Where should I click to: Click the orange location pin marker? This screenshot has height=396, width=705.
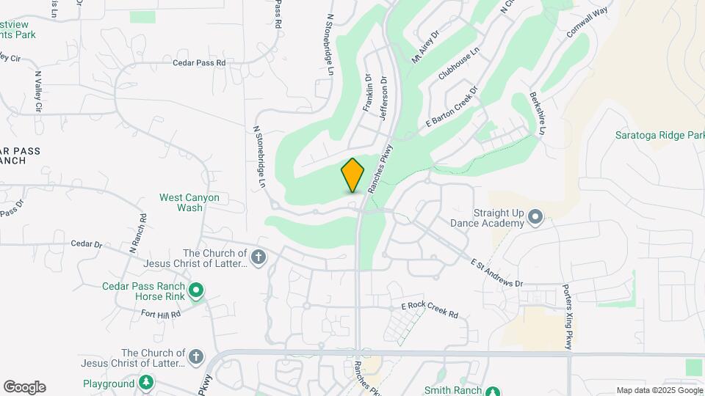(353, 175)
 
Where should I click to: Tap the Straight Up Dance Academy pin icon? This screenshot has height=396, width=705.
(535, 216)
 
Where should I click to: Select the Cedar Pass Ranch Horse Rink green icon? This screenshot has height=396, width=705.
(196, 292)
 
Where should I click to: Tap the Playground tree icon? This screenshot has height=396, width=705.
(147, 383)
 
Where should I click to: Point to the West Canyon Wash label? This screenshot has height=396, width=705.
(189, 202)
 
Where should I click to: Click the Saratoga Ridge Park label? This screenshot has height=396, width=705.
(659, 136)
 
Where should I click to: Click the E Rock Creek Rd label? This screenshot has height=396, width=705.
(430, 310)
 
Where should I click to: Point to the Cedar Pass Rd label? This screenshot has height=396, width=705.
(199, 63)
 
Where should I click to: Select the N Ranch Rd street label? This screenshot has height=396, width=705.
(137, 233)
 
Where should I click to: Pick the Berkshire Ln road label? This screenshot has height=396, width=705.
(537, 114)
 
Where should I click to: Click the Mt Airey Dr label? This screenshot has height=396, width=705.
(425, 48)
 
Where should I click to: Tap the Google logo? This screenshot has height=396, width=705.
(24, 387)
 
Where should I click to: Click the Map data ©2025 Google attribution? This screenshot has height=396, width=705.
(659, 390)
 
